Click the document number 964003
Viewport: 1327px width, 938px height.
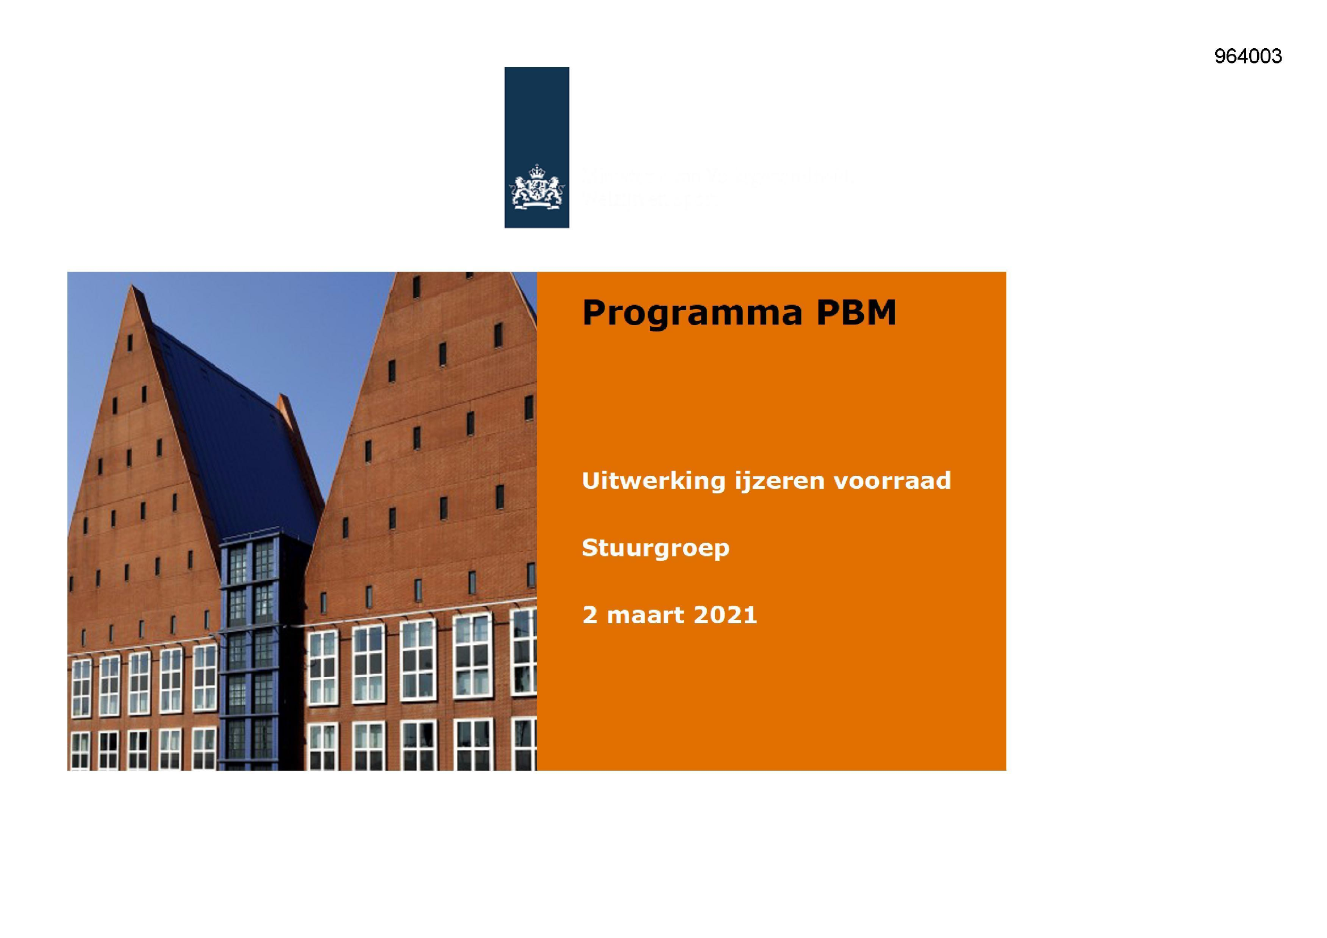point(1248,57)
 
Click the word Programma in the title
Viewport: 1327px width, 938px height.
point(692,314)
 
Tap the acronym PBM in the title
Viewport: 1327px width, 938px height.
point(856,312)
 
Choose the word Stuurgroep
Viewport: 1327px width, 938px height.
point(656,548)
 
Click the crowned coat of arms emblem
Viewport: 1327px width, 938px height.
point(537,186)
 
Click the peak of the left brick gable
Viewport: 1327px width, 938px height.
point(133,287)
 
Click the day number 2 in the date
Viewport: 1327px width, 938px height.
point(590,615)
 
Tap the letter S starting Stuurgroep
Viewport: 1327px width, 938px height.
point(589,548)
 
